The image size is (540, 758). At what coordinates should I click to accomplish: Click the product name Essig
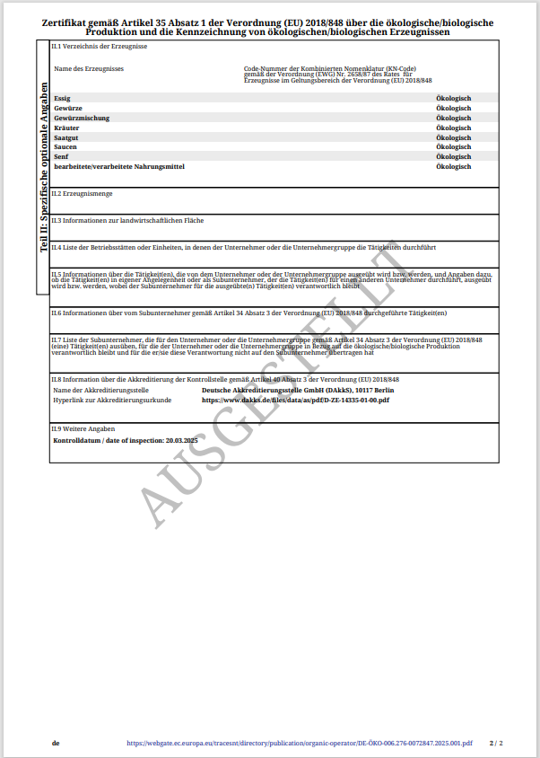62,98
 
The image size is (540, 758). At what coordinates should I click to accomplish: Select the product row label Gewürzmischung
81,118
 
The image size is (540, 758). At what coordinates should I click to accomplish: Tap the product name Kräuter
66,128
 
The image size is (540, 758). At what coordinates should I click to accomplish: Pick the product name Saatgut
67,137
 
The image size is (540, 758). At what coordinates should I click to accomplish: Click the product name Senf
61,157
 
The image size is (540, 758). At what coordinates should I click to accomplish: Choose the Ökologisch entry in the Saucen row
453,147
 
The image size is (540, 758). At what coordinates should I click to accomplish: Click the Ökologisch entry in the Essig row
453,98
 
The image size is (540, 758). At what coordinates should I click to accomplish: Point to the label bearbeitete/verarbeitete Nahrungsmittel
119,167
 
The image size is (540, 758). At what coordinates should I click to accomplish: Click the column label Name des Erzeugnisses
89,68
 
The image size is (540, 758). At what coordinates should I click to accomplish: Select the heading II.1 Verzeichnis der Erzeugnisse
100,46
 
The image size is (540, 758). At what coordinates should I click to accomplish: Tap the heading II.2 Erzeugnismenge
82,193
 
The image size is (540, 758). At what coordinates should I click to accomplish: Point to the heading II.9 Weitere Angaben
83,429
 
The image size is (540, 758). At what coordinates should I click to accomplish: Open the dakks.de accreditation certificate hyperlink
295,400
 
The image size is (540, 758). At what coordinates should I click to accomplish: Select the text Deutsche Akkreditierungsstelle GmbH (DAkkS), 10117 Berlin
298,390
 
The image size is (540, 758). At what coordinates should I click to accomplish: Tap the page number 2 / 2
496,744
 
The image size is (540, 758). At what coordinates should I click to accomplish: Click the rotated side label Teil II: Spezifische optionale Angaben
43,169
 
